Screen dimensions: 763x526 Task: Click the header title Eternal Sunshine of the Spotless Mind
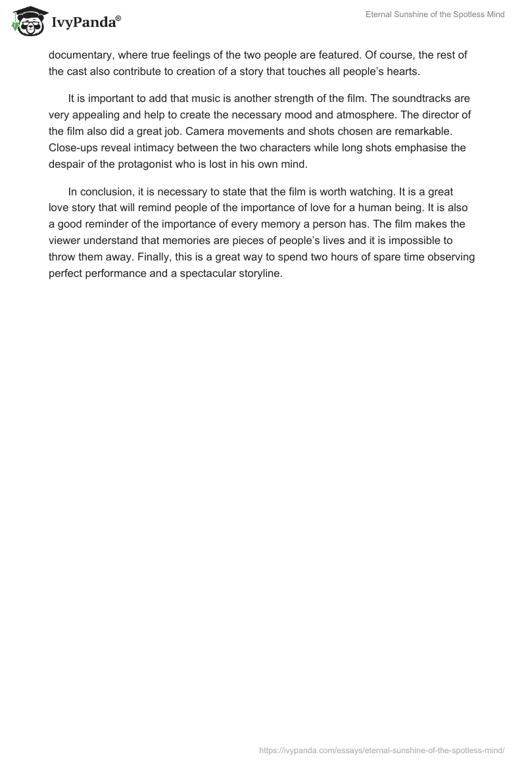[435, 14]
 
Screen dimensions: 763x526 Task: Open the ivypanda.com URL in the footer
[382, 749]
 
